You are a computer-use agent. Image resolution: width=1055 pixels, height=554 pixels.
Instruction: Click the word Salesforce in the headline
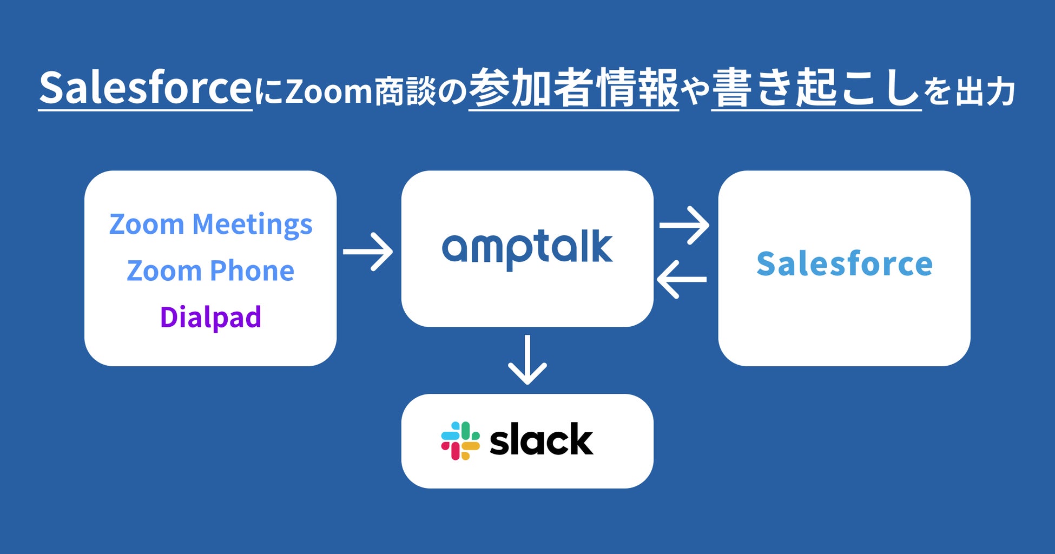point(146,87)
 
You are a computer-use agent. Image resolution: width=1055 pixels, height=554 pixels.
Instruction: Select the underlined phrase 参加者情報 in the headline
point(573,88)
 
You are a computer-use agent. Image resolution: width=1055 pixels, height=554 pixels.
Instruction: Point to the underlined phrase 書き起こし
point(816,88)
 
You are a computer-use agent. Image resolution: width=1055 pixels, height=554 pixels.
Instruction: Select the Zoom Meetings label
point(211,225)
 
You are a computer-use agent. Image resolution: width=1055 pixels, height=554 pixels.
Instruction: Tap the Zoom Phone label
point(210,271)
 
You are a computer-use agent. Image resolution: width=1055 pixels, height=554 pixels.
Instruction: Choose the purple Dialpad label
point(210,317)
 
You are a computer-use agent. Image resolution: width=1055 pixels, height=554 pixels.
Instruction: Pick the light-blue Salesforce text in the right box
point(845,264)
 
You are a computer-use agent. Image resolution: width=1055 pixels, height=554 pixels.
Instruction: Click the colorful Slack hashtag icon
point(460,441)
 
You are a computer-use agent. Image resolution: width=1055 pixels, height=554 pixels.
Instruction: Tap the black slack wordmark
point(541,439)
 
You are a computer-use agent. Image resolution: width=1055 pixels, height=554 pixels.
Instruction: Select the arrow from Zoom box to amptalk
point(368,252)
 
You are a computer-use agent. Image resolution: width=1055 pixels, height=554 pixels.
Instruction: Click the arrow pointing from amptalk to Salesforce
point(684,225)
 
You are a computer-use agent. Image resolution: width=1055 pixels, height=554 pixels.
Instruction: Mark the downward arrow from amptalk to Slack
point(527,360)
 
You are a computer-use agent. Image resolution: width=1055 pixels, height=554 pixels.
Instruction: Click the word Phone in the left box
point(252,271)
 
